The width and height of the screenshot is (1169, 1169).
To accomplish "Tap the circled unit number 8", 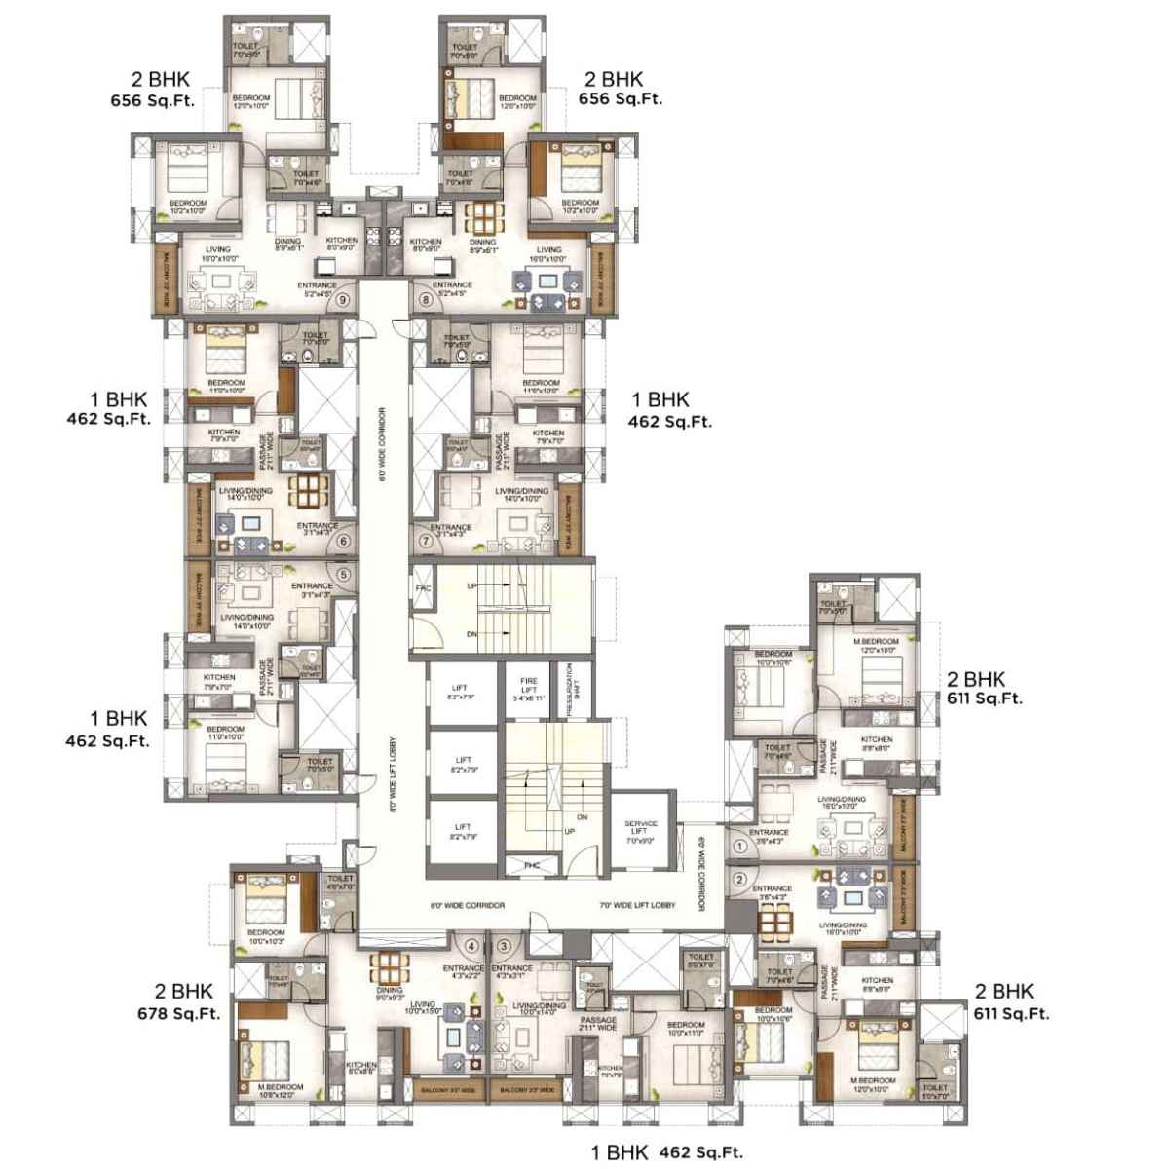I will [425, 300].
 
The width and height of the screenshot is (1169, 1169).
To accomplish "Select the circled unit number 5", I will [343, 574].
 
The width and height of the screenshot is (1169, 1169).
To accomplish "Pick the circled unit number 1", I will [741, 847].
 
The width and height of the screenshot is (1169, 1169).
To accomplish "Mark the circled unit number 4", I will [471, 945].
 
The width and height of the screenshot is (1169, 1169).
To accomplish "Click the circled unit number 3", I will [503, 945].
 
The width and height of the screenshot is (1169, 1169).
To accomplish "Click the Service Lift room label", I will [641, 830].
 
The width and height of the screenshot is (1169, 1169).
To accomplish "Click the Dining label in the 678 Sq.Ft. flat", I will [388, 992].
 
